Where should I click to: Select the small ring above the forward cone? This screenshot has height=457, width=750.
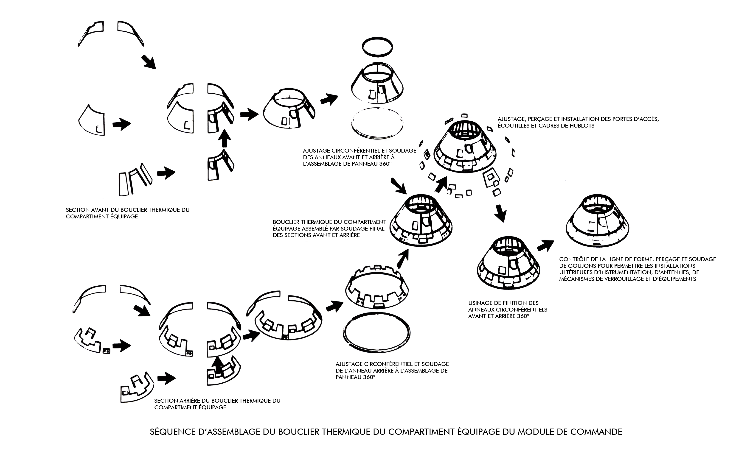click(377, 47)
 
